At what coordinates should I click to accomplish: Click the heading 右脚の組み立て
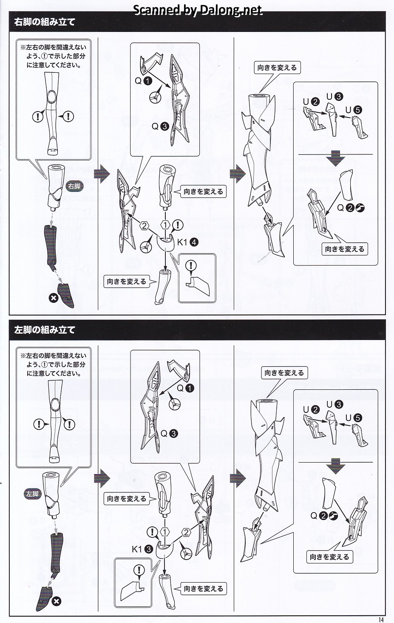(45, 22)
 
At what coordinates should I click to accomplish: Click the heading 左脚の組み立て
(45, 330)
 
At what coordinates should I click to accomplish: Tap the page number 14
(380, 619)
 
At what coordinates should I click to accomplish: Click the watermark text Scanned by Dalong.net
(198, 10)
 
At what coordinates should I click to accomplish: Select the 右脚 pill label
(74, 186)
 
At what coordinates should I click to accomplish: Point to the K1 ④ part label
(187, 242)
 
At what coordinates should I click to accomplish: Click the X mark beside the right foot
(54, 298)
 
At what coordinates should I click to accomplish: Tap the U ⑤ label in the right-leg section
(354, 110)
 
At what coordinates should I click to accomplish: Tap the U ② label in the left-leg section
(311, 410)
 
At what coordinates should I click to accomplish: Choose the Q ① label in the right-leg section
(143, 81)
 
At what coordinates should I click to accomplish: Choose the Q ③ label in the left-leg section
(169, 434)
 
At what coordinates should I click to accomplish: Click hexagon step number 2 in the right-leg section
(145, 226)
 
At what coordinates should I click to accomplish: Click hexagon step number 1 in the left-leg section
(165, 532)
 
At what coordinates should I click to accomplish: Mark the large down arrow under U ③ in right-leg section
(336, 158)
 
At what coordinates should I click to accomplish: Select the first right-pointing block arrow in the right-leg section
(102, 174)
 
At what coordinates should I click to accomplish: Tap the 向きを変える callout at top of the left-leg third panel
(284, 373)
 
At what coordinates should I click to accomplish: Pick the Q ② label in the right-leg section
(351, 208)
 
